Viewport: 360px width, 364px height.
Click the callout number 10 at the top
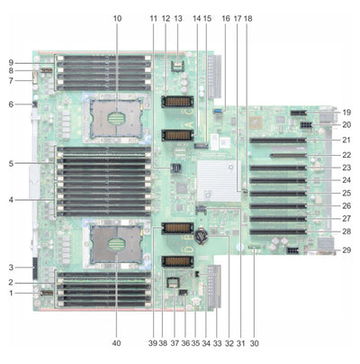(x=116, y=18)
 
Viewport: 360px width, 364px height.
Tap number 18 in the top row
(x=247, y=18)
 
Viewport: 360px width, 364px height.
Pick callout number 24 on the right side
(x=346, y=179)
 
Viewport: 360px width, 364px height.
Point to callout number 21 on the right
(x=346, y=141)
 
